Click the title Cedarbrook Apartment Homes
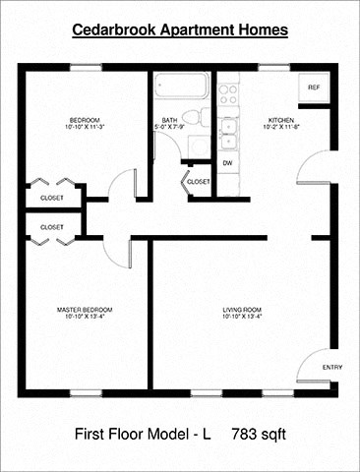click(180, 30)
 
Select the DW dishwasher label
click(227, 162)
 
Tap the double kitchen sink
click(229, 131)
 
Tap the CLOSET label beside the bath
click(198, 182)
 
